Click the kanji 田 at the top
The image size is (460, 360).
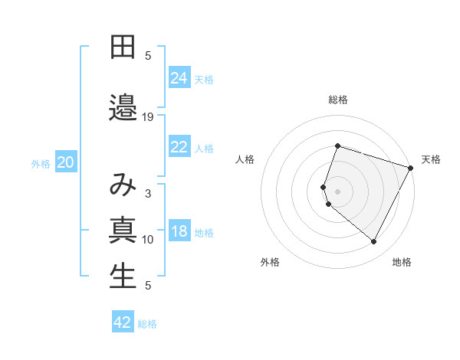123,47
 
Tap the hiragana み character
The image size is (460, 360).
123,185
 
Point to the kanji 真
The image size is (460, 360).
123,231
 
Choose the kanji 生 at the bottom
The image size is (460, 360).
123,277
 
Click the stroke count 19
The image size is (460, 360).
148,117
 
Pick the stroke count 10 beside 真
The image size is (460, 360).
148,240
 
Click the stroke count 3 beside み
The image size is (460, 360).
148,194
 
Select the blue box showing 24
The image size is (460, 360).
179,77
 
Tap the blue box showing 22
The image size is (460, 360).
179,147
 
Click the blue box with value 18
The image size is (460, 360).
179,232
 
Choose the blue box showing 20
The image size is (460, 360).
66,162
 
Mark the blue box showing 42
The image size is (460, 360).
123,322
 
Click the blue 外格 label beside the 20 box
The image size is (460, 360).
41,164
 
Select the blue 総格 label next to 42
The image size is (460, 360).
147,324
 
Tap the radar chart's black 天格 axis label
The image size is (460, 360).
431,159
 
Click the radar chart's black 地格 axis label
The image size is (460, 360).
402,262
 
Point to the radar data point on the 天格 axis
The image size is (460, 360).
410,168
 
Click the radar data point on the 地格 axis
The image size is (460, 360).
373,242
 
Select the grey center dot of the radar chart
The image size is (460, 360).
337,191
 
